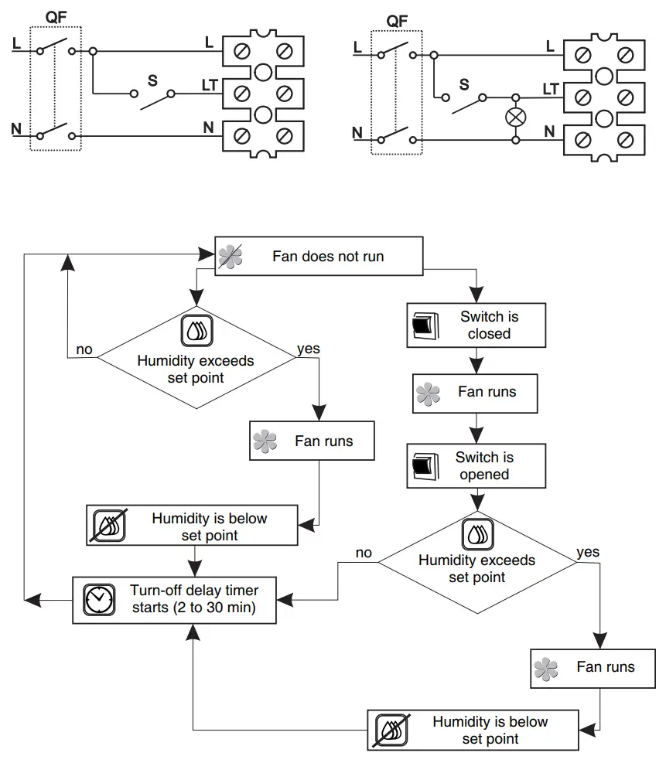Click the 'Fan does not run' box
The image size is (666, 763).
point(319,256)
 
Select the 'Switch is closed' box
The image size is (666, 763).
point(476,325)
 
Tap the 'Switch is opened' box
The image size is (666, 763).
point(476,465)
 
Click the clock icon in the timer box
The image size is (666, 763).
point(99,599)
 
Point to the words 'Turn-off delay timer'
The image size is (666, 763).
point(194,591)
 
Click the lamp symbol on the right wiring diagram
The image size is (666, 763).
point(514,118)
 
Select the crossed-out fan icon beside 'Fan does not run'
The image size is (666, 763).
point(230,256)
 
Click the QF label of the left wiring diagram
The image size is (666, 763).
point(55,18)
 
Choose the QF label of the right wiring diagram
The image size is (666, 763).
point(396,21)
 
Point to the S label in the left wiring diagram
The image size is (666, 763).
point(152,80)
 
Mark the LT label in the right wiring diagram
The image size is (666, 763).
point(551,90)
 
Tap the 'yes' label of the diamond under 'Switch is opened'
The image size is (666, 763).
point(588,552)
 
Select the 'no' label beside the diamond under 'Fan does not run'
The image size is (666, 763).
point(84,349)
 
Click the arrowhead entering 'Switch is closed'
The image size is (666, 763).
point(476,297)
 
